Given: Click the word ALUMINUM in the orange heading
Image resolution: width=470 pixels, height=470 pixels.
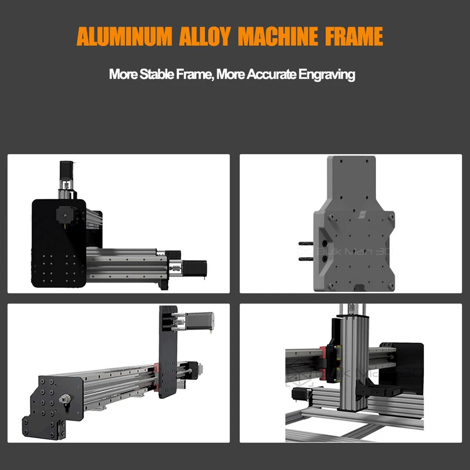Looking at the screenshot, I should (123, 37).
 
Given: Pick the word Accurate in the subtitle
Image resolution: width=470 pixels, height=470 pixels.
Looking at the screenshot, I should (271, 75).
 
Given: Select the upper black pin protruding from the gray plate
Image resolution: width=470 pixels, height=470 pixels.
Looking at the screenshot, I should (306, 242).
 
